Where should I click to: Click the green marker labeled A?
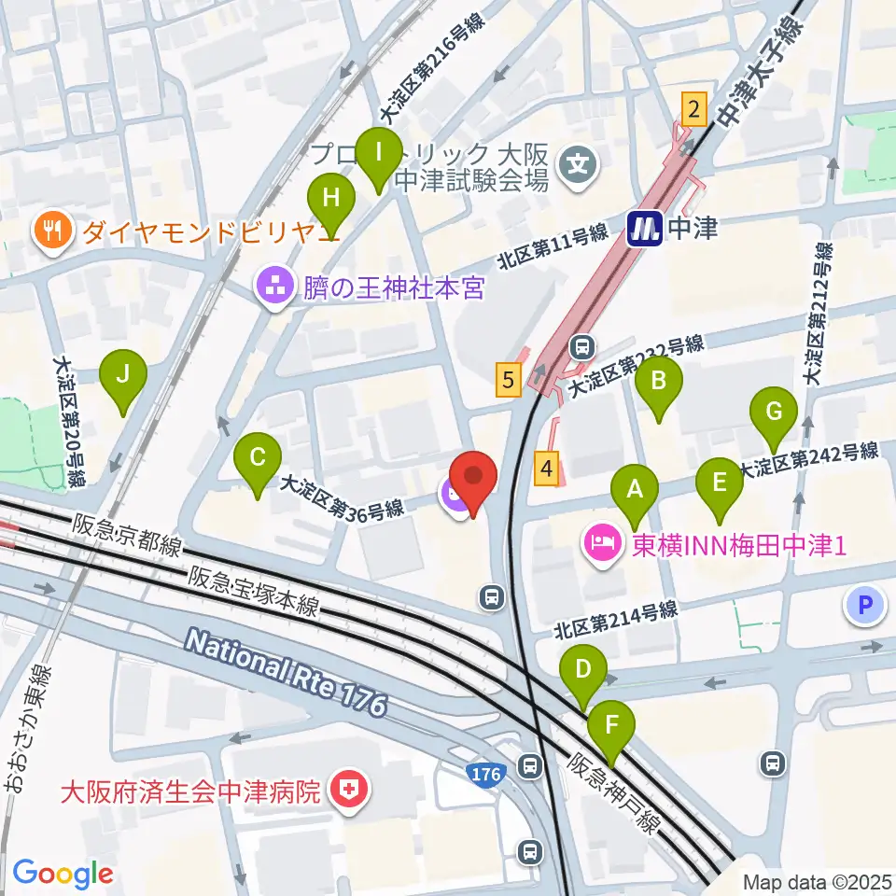click(x=635, y=488)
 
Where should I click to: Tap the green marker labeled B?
click(x=659, y=380)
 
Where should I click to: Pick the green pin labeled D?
click(x=583, y=669)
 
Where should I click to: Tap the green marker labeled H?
click(x=331, y=197)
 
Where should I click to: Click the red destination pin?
click(x=473, y=477)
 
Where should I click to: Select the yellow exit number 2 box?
click(x=693, y=109)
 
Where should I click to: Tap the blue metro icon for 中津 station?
click(x=644, y=227)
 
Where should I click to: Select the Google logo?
click(x=63, y=874)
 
